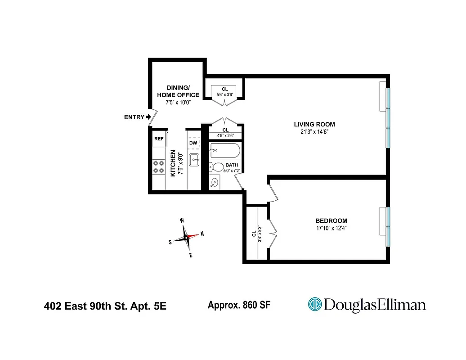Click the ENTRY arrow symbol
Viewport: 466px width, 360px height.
coord(148,117)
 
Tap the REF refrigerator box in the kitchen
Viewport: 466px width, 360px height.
coord(159,139)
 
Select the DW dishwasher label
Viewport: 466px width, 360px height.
coord(193,143)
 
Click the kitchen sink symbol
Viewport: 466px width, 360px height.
coord(194,159)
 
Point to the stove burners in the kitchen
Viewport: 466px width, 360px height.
coord(158,167)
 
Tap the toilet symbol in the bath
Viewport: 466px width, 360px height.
coord(217,167)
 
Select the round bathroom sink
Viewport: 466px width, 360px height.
coord(215,183)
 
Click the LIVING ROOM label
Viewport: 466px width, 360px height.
coord(314,125)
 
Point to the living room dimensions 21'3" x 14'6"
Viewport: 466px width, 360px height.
coord(314,132)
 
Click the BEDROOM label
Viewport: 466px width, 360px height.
coord(331,220)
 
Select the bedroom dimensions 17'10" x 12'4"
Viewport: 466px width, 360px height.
coord(331,228)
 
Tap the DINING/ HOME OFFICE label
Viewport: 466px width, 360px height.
coord(178,91)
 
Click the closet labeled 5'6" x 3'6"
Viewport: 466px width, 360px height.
coord(224,92)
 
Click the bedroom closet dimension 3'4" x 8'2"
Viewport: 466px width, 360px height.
coord(260,233)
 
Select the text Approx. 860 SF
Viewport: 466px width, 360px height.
coord(239,305)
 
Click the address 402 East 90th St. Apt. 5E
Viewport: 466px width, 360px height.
coord(105,306)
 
